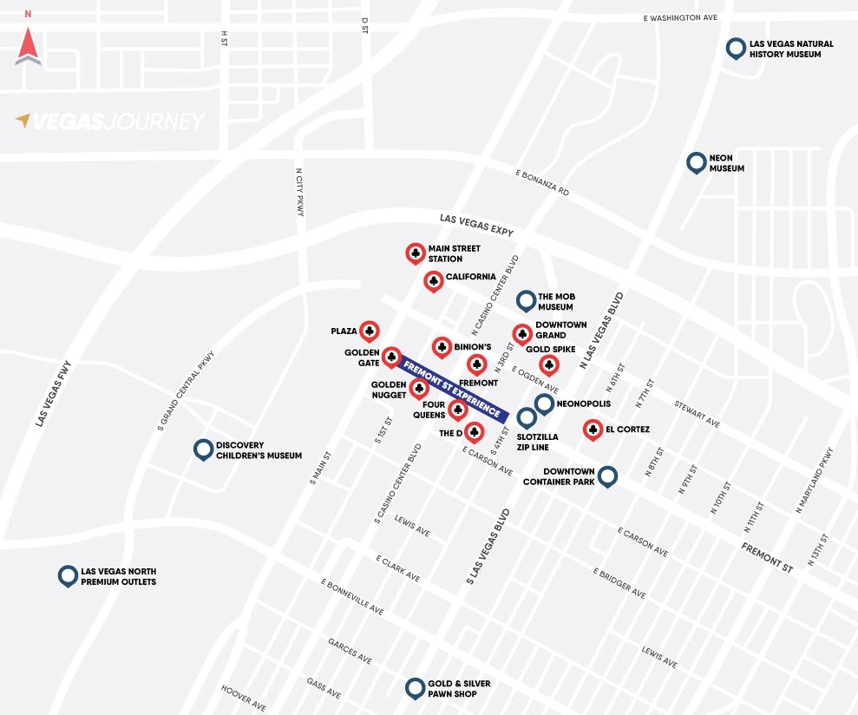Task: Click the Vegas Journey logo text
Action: tap(110, 121)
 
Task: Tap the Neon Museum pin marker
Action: tap(696, 162)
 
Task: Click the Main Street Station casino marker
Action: tap(416, 253)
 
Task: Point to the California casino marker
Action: tap(433, 280)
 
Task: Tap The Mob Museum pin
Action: tap(526, 300)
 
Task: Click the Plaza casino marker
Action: tap(370, 331)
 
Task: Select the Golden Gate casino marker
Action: tap(391, 357)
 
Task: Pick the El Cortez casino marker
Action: tap(593, 429)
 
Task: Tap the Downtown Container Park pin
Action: tap(607, 476)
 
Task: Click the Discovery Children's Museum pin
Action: tap(203, 449)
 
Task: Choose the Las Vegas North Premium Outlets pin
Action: tap(68, 574)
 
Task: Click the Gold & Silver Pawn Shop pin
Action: tap(416, 688)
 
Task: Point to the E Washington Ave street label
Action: tap(680, 17)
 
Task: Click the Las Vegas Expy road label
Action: tap(476, 226)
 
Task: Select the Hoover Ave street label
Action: tap(243, 697)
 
